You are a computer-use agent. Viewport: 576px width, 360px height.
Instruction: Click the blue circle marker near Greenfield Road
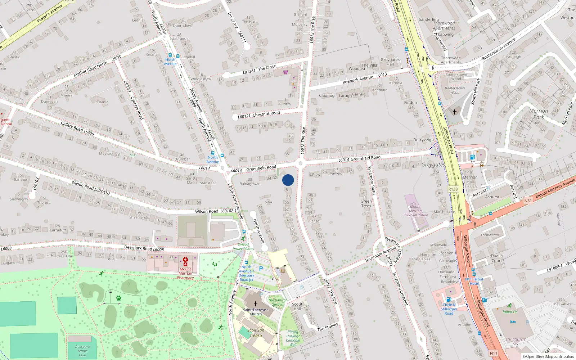point(288,180)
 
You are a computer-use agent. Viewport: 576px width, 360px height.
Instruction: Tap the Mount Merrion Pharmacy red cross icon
point(185,261)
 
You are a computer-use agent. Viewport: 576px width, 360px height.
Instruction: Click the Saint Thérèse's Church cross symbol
point(256,304)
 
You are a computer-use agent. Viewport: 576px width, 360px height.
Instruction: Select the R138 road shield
point(453,189)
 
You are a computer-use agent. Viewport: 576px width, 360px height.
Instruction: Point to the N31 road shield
point(528,201)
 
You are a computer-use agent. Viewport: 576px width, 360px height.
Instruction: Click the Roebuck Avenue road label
point(357,80)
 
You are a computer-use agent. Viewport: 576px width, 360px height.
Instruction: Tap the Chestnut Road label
point(266,114)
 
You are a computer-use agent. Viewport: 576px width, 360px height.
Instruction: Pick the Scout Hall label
point(297,306)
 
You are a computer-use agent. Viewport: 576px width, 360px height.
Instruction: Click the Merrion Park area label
point(539,114)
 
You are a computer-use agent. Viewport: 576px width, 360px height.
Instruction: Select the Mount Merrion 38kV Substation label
point(415,211)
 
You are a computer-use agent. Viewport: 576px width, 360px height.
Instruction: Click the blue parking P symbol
point(261,269)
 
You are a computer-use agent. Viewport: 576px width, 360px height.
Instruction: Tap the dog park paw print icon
point(118,298)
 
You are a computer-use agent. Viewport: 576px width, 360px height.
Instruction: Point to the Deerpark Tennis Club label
point(82,351)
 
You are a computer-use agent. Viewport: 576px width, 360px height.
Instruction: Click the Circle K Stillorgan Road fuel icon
point(449,299)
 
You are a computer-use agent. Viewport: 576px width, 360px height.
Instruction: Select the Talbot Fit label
point(509,312)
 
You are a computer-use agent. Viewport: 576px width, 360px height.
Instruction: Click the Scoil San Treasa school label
point(256,333)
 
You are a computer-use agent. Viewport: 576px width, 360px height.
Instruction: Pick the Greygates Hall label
point(390,62)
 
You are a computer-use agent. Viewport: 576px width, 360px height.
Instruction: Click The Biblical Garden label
point(277,302)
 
